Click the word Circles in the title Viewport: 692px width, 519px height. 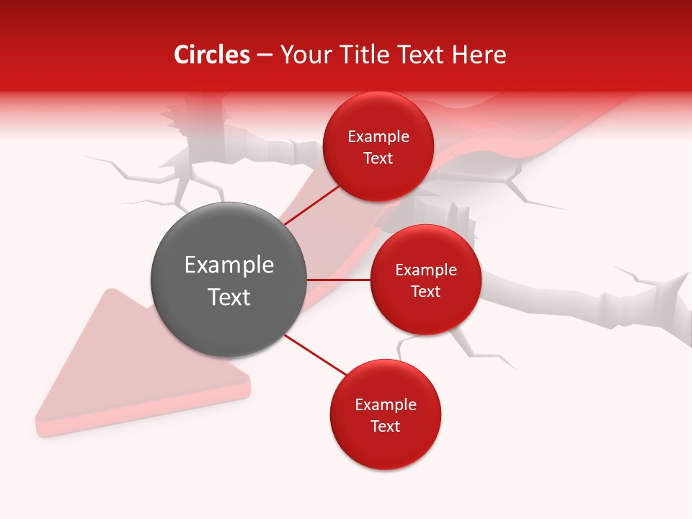[x=212, y=55]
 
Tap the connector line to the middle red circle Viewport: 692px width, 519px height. [x=339, y=280]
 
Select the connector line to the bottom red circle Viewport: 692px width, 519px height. [x=316, y=354]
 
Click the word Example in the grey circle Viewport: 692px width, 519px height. [x=229, y=265]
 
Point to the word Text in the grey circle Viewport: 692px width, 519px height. [x=229, y=297]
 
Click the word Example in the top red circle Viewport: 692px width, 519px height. [x=378, y=137]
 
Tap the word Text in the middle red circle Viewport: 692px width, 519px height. [x=425, y=292]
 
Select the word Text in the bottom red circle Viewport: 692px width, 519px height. [x=385, y=427]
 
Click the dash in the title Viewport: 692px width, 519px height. [x=264, y=56]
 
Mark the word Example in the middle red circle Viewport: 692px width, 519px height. [x=425, y=270]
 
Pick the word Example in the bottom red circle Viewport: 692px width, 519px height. [x=385, y=405]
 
